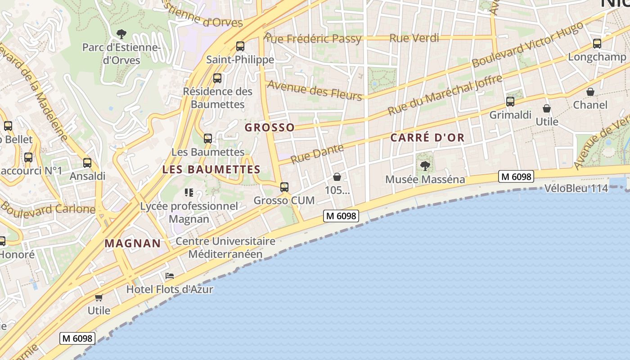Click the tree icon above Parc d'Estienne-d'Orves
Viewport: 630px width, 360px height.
tap(121, 33)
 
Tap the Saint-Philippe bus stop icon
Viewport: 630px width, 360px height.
tap(240, 46)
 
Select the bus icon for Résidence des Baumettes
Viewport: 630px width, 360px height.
tap(217, 78)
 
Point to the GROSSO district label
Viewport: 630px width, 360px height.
tap(270, 128)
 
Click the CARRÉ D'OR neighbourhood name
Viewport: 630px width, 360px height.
tap(427, 138)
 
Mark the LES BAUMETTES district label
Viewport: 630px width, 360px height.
tap(211, 170)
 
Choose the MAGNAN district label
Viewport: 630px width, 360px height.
tap(133, 243)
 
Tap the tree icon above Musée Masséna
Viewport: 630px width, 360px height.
tap(425, 166)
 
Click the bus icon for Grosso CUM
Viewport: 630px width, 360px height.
tap(284, 187)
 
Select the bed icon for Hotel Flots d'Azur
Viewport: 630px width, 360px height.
tap(170, 275)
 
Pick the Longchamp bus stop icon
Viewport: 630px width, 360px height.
tap(597, 44)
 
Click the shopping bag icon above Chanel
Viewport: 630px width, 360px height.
tap(590, 92)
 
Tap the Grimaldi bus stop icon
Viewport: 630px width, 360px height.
tap(510, 102)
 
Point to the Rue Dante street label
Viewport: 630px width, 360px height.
tap(317, 154)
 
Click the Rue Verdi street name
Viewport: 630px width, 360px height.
tap(414, 38)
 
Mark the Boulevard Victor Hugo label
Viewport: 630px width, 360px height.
tap(527, 45)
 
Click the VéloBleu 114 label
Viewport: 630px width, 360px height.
tap(576, 188)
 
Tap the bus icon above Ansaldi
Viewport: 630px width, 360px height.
tap(87, 163)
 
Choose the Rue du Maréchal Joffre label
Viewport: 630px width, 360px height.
tap(445, 95)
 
